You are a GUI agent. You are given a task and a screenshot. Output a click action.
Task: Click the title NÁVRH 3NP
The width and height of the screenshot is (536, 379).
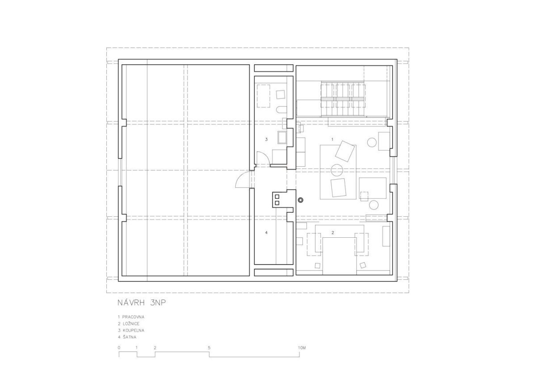pyautogui.click(x=142, y=303)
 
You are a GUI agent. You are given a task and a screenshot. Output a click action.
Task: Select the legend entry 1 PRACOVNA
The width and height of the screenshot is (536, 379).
pyautogui.click(x=131, y=317)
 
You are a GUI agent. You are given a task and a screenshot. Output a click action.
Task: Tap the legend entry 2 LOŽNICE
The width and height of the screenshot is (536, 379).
pyautogui.click(x=129, y=324)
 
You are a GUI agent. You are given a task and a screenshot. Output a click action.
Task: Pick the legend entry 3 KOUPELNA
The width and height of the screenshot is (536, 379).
pyautogui.click(x=131, y=330)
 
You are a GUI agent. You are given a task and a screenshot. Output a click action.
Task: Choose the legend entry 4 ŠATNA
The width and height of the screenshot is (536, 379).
pyautogui.click(x=127, y=337)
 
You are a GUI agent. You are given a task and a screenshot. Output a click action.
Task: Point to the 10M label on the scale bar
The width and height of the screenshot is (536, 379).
pyautogui.click(x=302, y=348)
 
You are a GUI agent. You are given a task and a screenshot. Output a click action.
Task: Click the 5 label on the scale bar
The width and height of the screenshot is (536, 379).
pyautogui.click(x=209, y=348)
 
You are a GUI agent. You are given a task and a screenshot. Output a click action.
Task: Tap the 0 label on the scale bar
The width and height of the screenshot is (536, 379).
pyautogui.click(x=119, y=348)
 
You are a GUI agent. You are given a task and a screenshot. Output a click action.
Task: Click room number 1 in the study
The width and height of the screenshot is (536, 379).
pyautogui.click(x=332, y=139)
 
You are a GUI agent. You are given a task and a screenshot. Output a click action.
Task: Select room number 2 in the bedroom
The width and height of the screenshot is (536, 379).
pyautogui.click(x=333, y=232)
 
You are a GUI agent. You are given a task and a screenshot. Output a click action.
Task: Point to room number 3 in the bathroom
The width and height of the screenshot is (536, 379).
pyautogui.click(x=266, y=139)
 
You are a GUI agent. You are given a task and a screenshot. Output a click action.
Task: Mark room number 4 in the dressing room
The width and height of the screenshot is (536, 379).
pyautogui.click(x=266, y=232)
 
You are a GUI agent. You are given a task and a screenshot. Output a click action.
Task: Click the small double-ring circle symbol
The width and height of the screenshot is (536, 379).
pyautogui.click(x=301, y=200)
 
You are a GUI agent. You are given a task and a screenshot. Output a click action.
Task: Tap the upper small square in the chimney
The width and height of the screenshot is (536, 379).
pyautogui.click(x=277, y=197)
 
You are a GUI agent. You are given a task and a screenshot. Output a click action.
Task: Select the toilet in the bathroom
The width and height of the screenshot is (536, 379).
pyautogui.click(x=282, y=109)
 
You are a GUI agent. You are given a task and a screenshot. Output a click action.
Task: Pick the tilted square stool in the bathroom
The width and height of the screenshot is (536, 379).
pyautogui.click(x=281, y=94)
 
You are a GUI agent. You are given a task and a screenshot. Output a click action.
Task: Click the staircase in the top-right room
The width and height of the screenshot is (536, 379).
pyautogui.click(x=343, y=99)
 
